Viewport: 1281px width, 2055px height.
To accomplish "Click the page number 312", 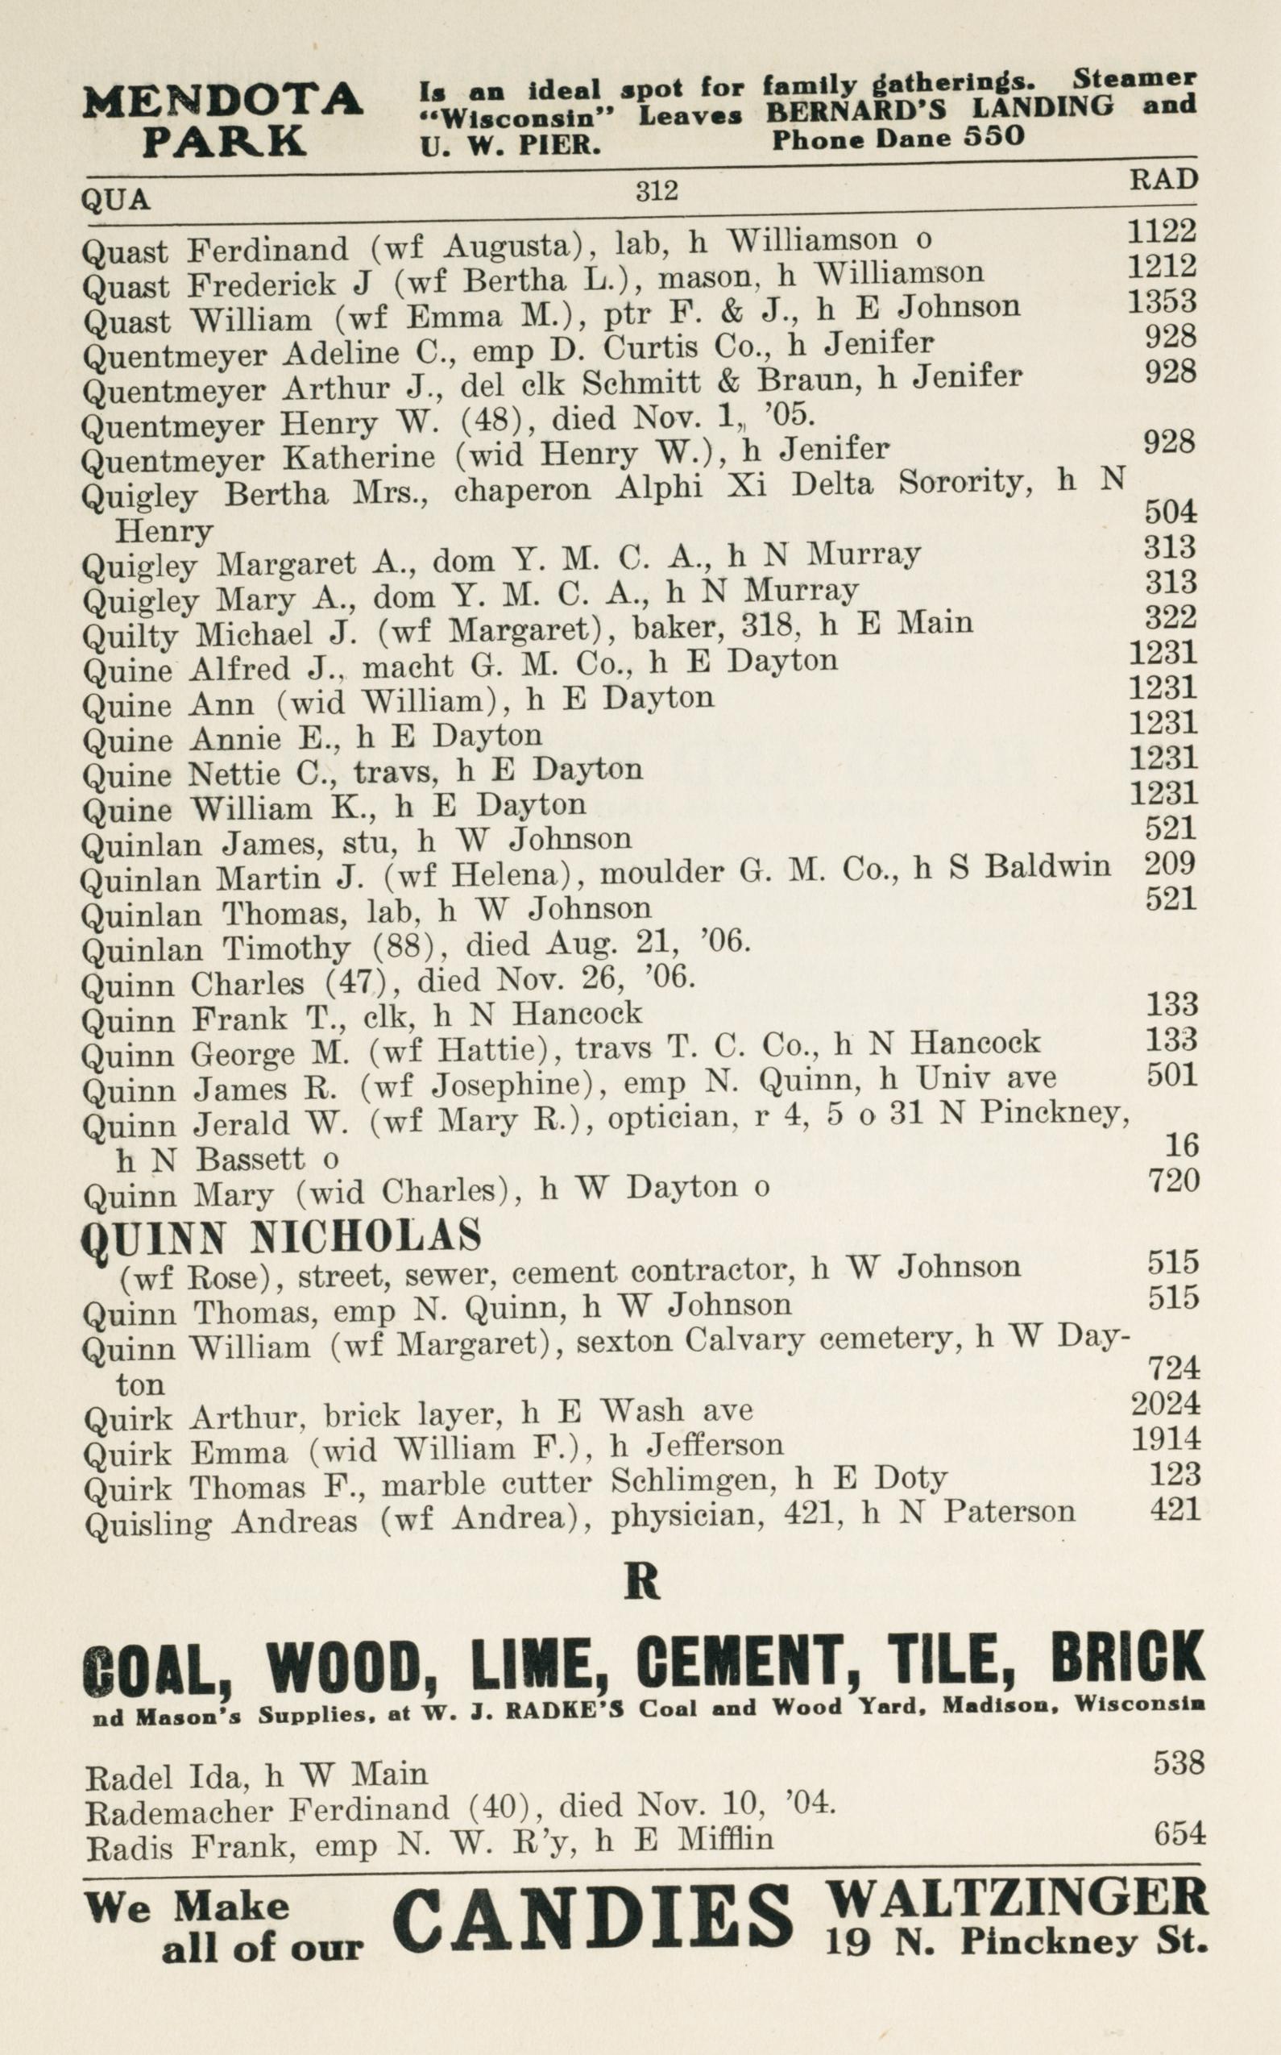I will pos(657,192).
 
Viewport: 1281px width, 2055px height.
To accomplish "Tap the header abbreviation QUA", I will pos(115,200).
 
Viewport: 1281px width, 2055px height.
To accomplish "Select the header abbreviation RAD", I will pos(1163,180).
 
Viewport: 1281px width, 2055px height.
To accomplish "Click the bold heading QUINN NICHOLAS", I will pos(280,1238).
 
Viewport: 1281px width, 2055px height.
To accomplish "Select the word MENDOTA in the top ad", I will pos(223,101).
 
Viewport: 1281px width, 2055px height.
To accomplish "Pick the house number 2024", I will pos(1165,1403).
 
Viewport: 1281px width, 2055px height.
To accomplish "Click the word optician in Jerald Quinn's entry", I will pos(669,1119).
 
